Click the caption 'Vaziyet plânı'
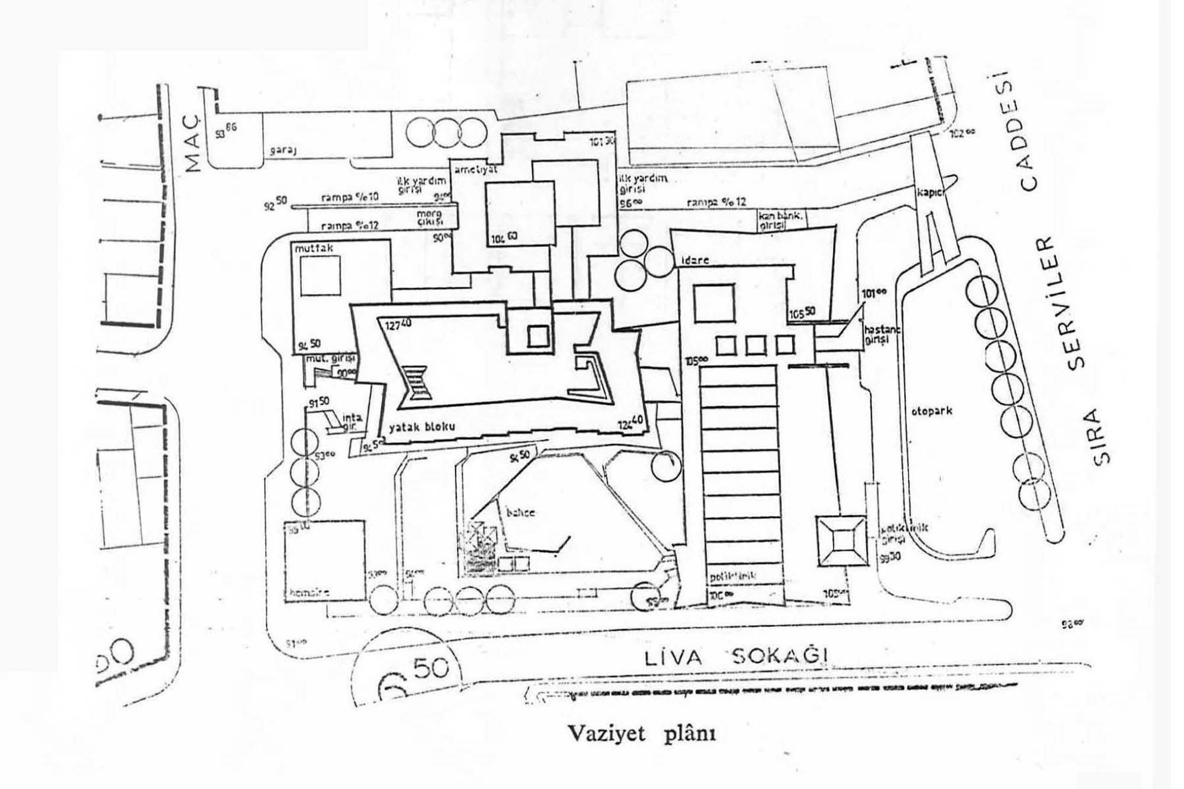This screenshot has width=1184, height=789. pos(642,733)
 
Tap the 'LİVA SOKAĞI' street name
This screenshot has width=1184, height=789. pos(735,658)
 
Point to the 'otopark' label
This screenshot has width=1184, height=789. pos(931,410)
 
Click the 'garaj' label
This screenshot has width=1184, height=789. pos(283,150)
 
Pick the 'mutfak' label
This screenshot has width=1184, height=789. pos(314,249)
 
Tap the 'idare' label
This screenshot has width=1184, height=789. pos(694,260)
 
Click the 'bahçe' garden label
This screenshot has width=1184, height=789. pos(520,512)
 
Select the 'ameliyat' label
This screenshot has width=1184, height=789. pos(475,169)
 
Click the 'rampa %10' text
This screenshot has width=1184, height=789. pos(350,197)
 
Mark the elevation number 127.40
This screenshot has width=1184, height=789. pos(398,325)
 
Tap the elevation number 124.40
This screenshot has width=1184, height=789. pos(630,423)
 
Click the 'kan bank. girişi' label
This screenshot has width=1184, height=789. pos(780,220)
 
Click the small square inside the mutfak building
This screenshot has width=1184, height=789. pos(320,276)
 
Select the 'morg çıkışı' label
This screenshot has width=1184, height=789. pos(430,217)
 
